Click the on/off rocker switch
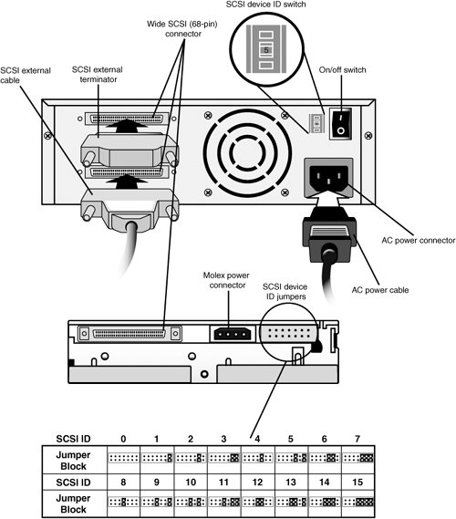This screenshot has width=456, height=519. (340, 124)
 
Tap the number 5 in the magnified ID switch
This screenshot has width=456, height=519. (266, 50)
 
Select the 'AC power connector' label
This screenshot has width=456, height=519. (419, 240)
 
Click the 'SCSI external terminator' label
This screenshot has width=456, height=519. (98, 75)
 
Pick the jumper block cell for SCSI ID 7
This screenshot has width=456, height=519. (358, 459)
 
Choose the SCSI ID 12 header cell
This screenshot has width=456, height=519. (257, 482)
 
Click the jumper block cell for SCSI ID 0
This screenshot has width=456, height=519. (123, 459)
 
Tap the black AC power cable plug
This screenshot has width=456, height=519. (329, 236)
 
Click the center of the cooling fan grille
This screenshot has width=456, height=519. (247, 152)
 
